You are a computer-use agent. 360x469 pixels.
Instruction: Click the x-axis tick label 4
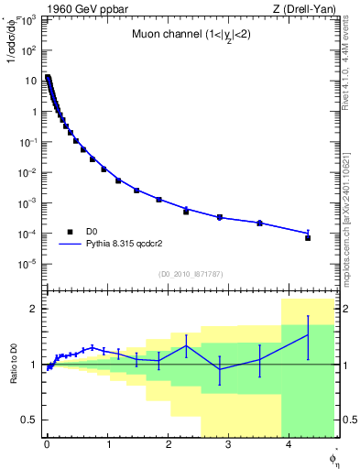[289, 446]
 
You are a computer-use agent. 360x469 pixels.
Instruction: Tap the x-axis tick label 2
[168, 446]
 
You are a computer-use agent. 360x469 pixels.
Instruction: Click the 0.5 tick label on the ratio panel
[27, 420]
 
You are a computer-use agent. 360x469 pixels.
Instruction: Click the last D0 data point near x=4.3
[308, 237]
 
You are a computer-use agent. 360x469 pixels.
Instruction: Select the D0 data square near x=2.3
[186, 212]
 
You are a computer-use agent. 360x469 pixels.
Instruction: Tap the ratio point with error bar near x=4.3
[308, 334]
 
